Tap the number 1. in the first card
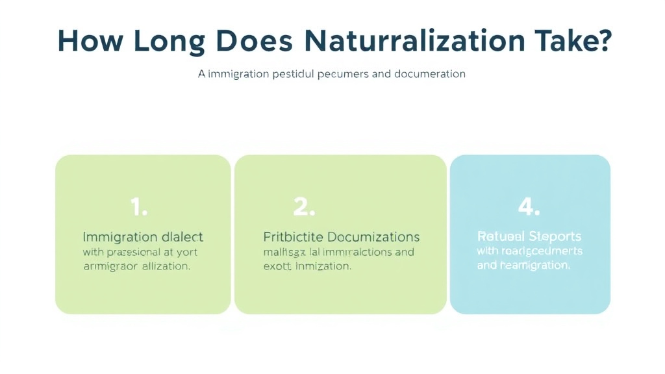[x=139, y=207]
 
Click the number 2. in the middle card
[x=304, y=207]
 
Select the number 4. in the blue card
[x=529, y=207]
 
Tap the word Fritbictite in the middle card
[x=292, y=237]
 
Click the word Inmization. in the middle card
[x=323, y=266]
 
